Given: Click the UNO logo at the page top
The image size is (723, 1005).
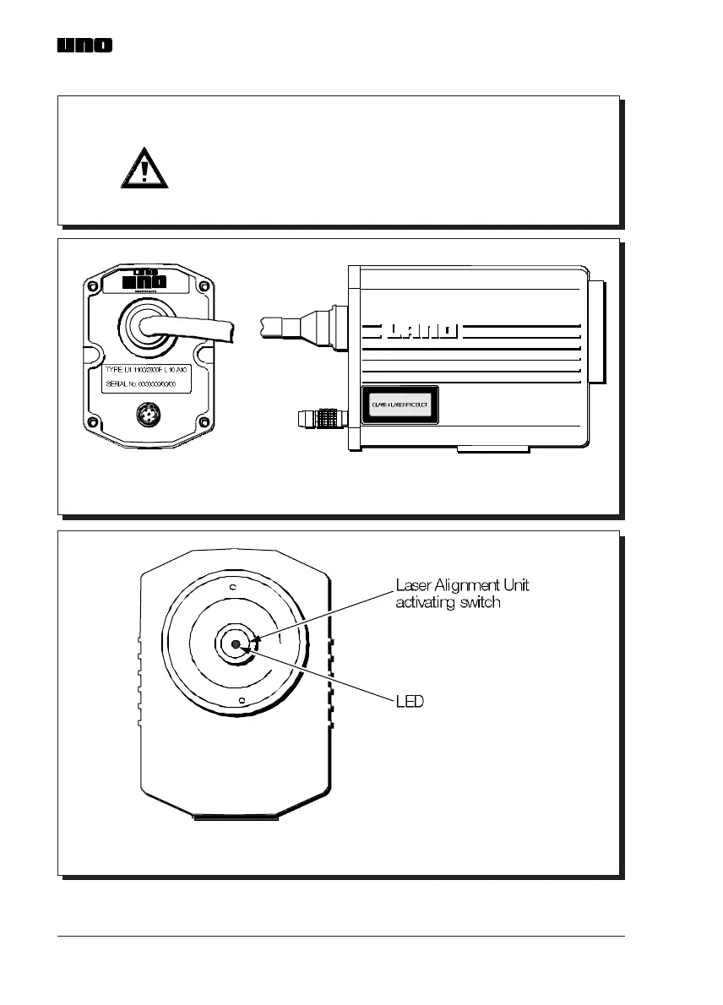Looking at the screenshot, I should [84, 46].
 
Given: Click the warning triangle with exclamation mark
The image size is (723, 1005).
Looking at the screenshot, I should [144, 171].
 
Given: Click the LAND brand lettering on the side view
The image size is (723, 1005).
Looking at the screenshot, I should [420, 330].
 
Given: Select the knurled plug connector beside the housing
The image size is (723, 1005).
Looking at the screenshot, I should [320, 417].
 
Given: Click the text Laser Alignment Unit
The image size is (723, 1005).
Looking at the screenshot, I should [463, 585].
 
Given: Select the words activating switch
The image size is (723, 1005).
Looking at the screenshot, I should [449, 603].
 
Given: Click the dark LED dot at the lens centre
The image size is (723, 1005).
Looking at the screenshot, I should [235, 645].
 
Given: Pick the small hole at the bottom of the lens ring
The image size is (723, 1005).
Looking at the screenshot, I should [242, 701].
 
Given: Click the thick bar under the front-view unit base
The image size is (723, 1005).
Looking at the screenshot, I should [236, 818].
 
